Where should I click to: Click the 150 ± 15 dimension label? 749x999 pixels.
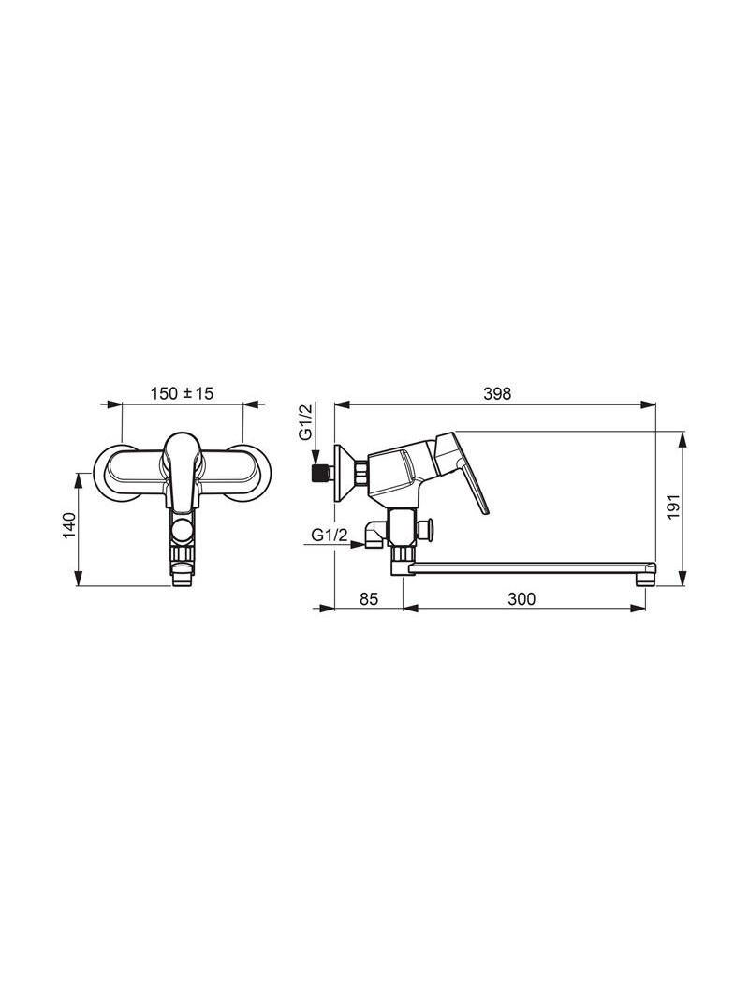(182, 393)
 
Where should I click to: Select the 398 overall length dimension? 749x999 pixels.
(497, 394)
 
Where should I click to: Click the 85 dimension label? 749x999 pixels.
(369, 599)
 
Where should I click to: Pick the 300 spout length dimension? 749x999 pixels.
(522, 599)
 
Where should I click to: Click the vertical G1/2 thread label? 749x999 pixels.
(306, 421)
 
